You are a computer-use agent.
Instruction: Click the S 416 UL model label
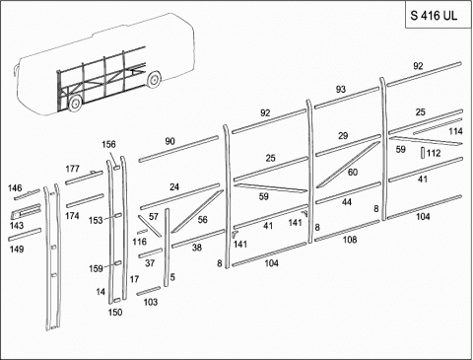434,16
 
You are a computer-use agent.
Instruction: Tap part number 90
169,141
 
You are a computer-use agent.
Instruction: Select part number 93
341,89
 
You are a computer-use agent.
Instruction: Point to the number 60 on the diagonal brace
353,172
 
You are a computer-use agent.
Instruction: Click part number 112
434,153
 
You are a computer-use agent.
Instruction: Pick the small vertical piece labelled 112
423,153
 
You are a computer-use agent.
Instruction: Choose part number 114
455,131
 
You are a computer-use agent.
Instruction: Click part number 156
108,144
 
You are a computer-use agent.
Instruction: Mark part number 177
72,169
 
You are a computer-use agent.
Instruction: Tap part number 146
15,188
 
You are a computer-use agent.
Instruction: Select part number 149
17,250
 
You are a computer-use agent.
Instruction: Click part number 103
151,302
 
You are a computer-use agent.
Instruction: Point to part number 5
172,277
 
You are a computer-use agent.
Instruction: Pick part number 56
203,219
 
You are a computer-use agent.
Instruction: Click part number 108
350,240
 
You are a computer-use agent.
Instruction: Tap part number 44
347,202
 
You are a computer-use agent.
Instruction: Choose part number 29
343,135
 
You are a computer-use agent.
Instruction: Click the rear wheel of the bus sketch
153,80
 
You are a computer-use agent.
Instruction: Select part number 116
139,242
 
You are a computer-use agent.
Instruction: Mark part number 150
115,312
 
